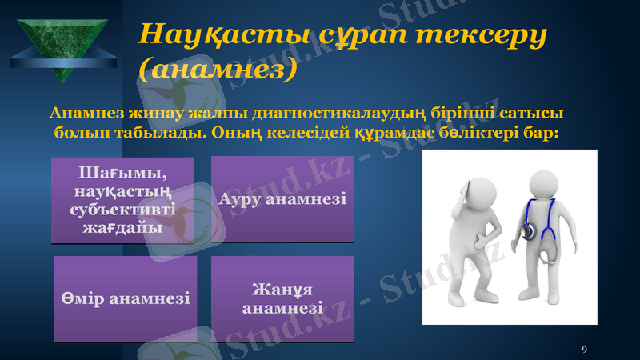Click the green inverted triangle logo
click(x=63, y=44)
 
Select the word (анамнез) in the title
click(x=218, y=70)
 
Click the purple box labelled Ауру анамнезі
click(x=282, y=199)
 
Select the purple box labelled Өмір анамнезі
click(x=126, y=298)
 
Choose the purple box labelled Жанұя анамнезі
click(x=282, y=298)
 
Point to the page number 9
click(x=585, y=349)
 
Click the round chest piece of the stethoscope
click(x=529, y=232)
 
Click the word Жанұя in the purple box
click(x=282, y=290)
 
